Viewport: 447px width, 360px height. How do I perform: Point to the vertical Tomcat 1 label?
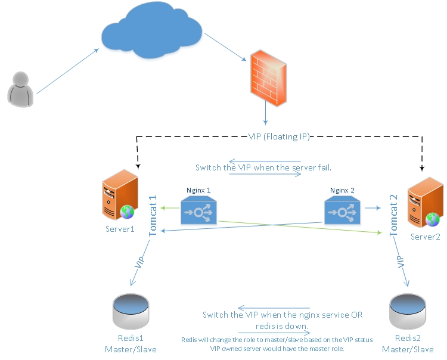[153, 215]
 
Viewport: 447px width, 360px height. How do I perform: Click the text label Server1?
[120, 229]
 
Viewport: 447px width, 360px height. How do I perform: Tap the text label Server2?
[425, 237]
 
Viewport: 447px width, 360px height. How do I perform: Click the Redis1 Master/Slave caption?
[130, 343]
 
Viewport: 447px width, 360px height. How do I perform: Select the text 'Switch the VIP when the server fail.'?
[263, 167]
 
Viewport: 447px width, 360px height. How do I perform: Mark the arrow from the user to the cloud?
[67, 71]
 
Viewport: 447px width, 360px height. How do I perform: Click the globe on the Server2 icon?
[432, 219]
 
